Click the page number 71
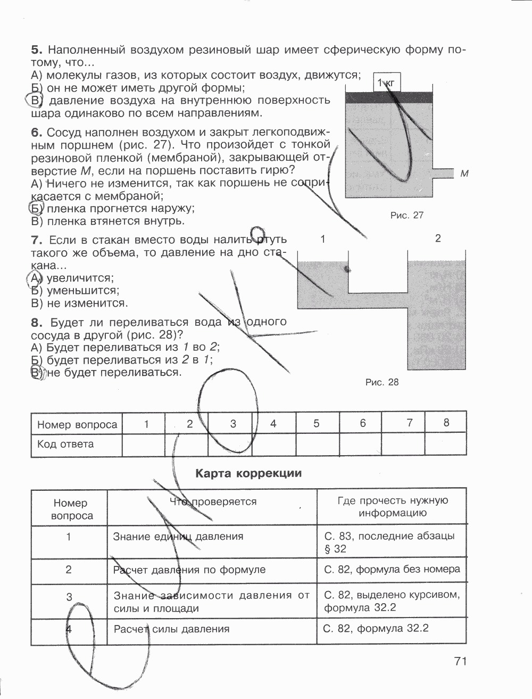tap(460, 661)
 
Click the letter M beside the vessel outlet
tap(464, 174)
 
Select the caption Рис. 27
tap(406, 215)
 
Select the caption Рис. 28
tap(382, 382)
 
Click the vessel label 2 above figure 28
tap(438, 239)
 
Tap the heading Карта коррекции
tap(248, 473)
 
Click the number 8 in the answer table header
tap(446, 423)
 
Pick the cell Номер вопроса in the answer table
tap(77, 425)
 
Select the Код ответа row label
tap(65, 444)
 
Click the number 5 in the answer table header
tap(317, 424)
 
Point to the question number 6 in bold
tap(36, 131)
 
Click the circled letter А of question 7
tap(35, 278)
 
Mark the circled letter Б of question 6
tap(35, 208)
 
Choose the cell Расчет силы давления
tap(172, 629)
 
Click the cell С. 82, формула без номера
tap(392, 569)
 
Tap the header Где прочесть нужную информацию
tap(393, 507)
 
